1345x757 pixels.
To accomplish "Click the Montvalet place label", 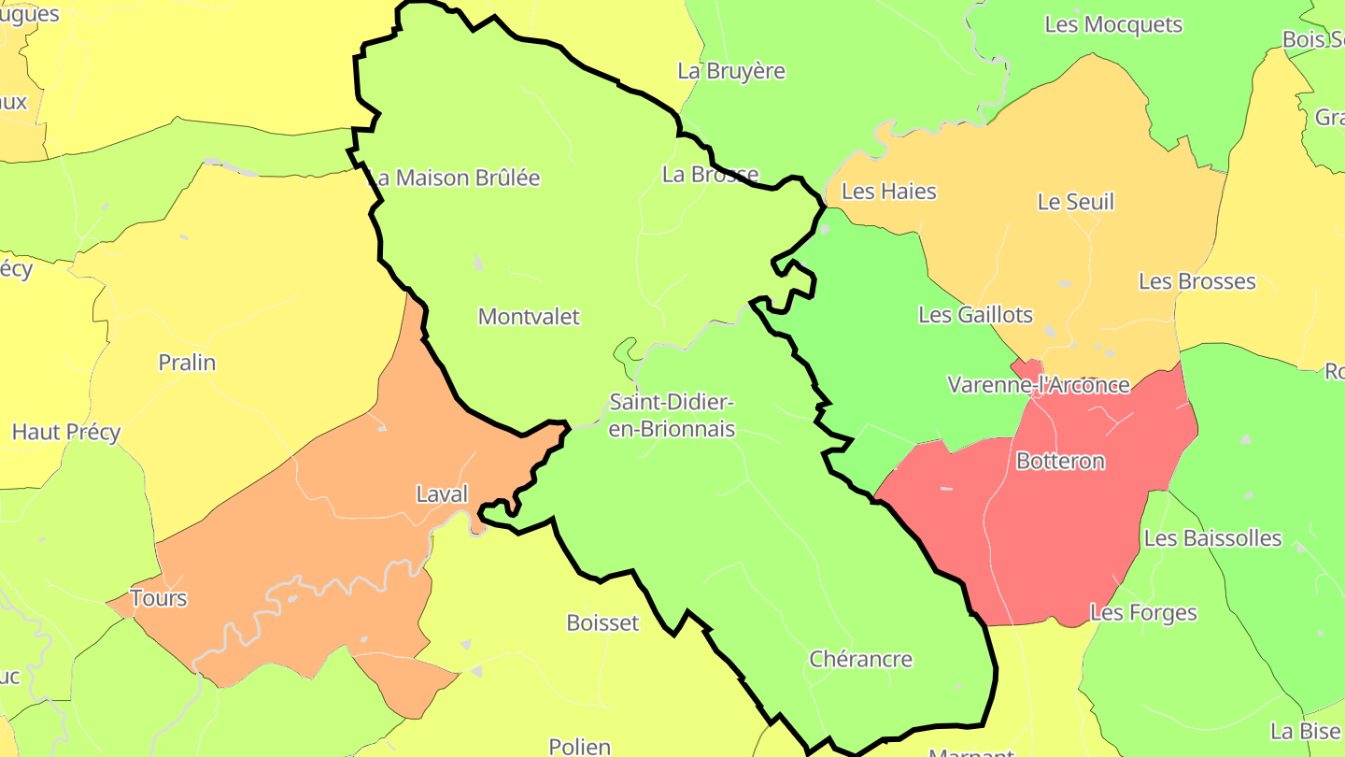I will (529, 317).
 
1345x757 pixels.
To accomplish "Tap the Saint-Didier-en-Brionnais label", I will (672, 416).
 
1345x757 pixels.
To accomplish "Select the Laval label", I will (442, 494).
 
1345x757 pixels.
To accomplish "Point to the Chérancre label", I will (860, 659).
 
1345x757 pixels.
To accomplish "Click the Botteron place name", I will (1060, 461).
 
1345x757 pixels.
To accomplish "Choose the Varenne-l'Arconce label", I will (1039, 385).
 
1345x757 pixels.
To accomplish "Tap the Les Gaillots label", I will (976, 315).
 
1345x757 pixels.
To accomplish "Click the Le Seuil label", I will (1076, 202).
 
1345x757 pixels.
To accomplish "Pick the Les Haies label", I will (888, 192).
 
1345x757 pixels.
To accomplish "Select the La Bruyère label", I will (731, 71).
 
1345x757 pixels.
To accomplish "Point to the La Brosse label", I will (710, 174).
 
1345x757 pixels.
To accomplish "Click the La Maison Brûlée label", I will (455, 178).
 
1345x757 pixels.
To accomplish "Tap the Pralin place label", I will (187, 363).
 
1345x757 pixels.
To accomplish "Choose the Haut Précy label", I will (66, 432).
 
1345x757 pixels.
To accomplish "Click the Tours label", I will (159, 598).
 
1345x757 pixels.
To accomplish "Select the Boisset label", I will (603, 622).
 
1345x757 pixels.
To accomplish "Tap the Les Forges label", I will (1143, 613).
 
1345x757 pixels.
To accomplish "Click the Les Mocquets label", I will (1113, 25).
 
